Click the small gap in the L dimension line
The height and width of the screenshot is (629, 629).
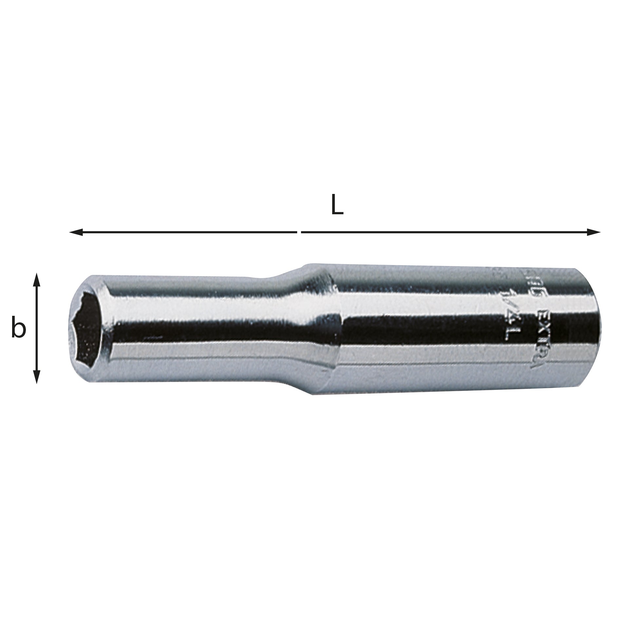click(299, 232)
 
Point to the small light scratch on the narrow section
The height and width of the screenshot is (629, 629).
click(152, 337)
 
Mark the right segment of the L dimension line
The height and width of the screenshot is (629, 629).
click(446, 232)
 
